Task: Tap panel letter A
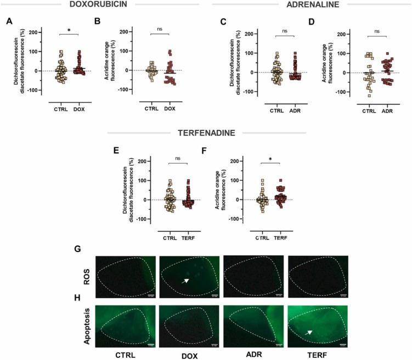[x=9, y=22]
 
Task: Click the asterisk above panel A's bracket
[x=69, y=31]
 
